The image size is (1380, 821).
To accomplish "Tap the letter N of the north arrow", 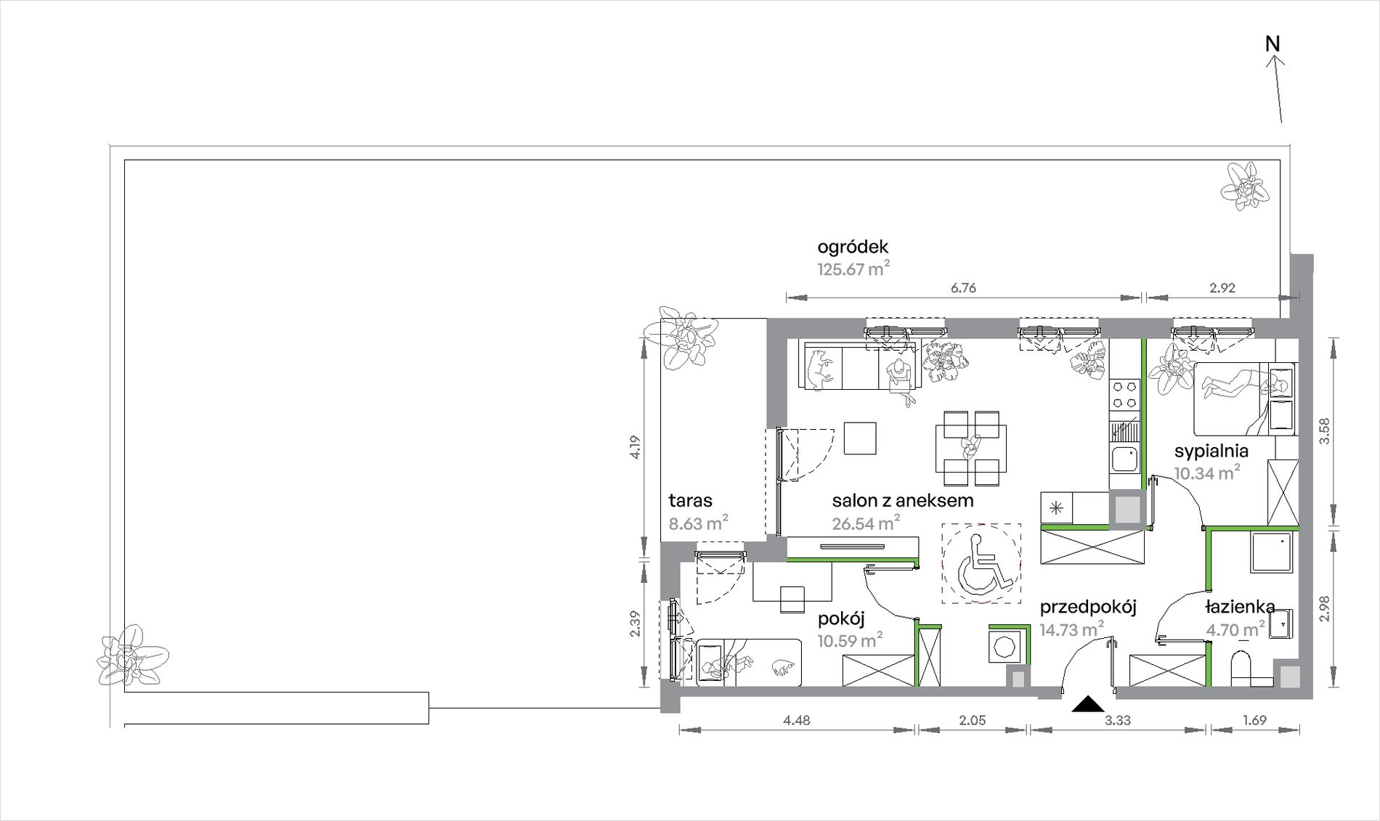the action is pyautogui.click(x=1273, y=44).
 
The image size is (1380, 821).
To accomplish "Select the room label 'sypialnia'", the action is pyautogui.click(x=1211, y=451).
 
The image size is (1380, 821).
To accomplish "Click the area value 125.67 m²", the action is pyautogui.click(x=853, y=269).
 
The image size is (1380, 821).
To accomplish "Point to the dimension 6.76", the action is pyautogui.click(x=963, y=288).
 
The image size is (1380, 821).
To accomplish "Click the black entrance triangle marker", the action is pyautogui.click(x=1087, y=703).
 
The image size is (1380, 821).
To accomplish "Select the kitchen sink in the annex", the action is pyautogui.click(x=1125, y=459).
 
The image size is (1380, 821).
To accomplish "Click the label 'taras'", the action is pyautogui.click(x=690, y=500).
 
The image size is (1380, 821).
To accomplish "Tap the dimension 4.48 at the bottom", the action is pyautogui.click(x=797, y=721).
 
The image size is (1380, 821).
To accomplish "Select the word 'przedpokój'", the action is pyautogui.click(x=1088, y=607).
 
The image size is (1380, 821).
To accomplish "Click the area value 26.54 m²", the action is pyautogui.click(x=866, y=523).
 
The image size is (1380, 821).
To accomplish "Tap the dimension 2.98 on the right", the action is pyautogui.click(x=1324, y=608).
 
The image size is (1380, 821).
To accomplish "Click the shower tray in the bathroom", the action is pyautogui.click(x=1271, y=553).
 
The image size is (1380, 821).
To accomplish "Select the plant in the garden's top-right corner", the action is pyautogui.click(x=1245, y=186).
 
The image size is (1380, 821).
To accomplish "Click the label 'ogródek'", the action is pyautogui.click(x=853, y=247).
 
